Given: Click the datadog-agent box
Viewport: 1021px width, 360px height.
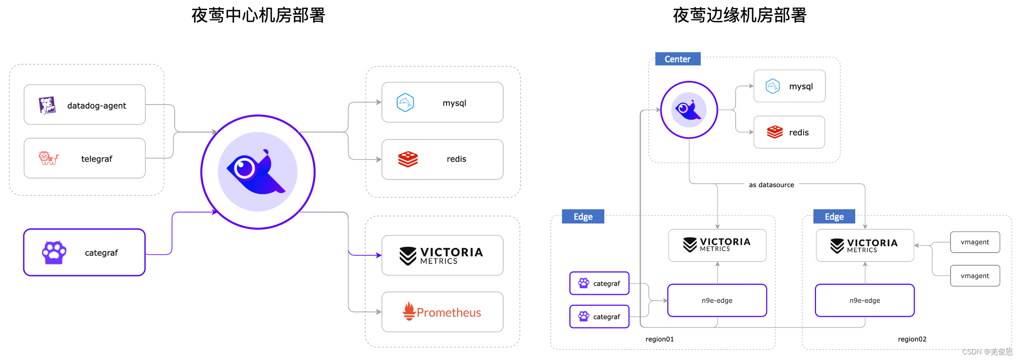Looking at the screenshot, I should [85, 105].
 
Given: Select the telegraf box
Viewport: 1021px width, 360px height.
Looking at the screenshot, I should [85, 159].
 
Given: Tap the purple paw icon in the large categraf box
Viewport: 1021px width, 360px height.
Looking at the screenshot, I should [54, 252].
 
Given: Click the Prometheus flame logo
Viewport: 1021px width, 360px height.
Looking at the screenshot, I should [409, 311].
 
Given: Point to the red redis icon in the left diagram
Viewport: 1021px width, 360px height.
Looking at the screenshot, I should [408, 159].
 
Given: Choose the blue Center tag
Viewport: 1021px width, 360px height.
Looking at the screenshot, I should [677, 59].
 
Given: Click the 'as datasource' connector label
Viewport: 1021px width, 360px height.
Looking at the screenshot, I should [771, 185].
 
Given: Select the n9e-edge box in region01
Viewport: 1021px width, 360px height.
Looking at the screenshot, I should [717, 300].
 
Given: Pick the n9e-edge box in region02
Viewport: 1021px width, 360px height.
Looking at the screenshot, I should [864, 300].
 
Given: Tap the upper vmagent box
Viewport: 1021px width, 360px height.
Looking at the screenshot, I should [975, 242].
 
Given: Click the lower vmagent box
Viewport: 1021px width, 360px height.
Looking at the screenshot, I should [975, 276].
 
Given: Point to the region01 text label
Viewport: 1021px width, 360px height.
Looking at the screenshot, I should [659, 339].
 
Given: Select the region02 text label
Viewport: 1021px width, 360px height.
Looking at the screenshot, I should [912, 339].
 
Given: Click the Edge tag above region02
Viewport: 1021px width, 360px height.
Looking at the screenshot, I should [834, 217].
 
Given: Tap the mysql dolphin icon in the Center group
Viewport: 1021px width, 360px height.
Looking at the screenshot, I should [773, 86].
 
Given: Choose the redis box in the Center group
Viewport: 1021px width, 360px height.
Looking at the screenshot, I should [789, 133].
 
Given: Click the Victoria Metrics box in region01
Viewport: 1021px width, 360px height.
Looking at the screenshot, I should [717, 245].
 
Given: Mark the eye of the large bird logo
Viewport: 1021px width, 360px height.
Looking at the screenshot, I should [244, 168].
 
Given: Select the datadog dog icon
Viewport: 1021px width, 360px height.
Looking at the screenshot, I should [47, 106].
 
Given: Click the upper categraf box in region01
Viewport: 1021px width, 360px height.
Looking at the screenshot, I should [599, 284].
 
